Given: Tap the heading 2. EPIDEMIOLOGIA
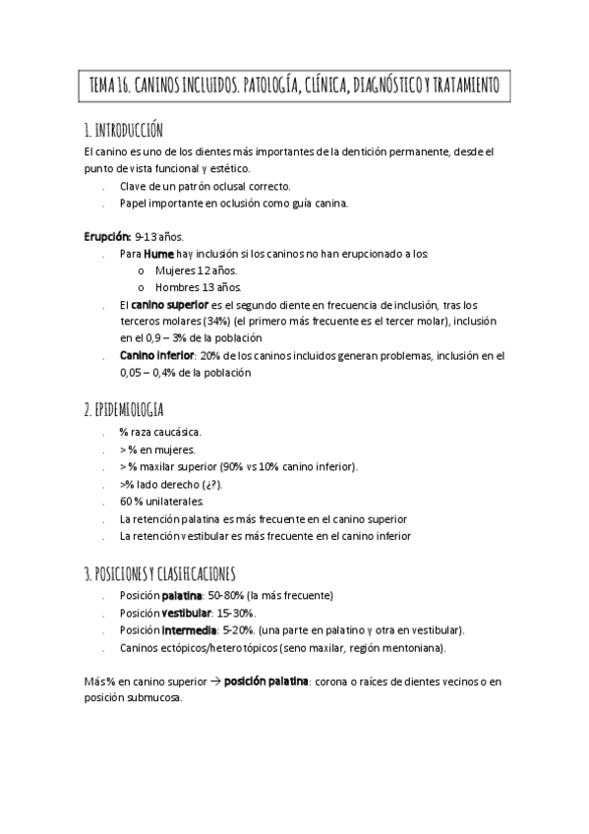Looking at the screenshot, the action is (125, 409).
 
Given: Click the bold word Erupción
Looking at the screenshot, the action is (107, 237).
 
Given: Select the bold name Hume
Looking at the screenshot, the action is (160, 254).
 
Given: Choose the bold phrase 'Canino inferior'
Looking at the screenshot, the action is (155, 355).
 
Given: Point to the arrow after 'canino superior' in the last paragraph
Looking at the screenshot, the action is (213, 681).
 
